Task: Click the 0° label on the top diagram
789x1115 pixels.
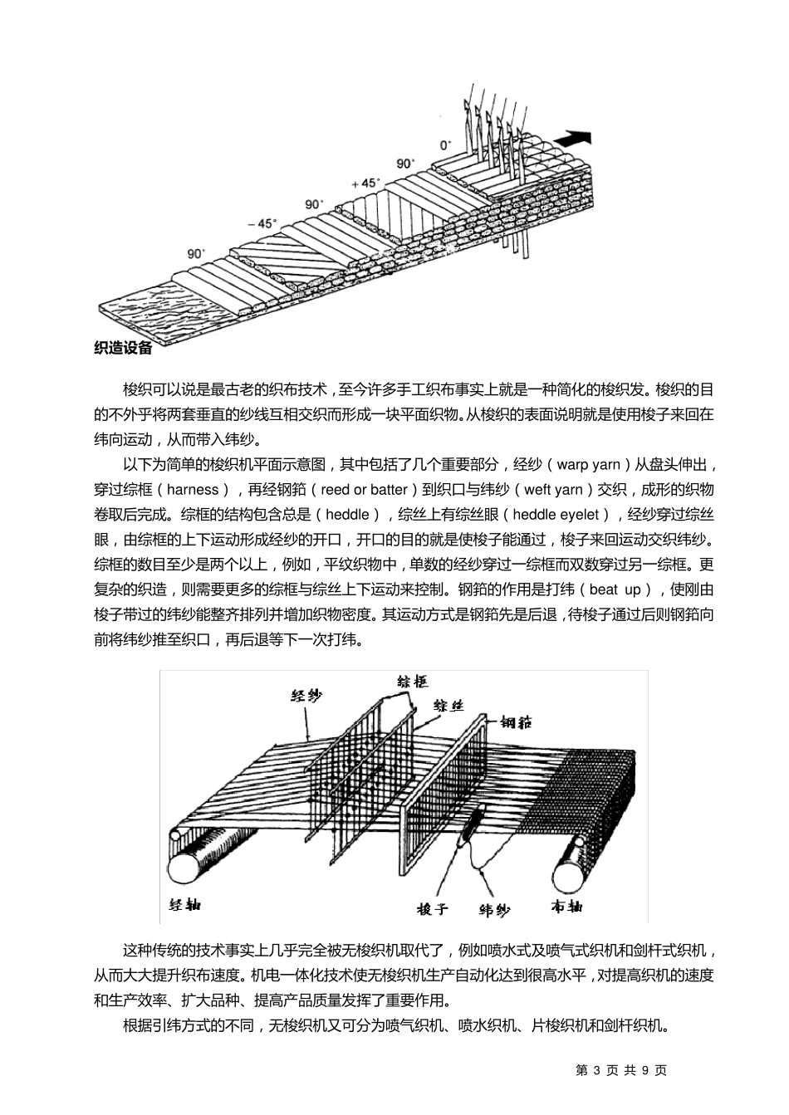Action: coord(446,143)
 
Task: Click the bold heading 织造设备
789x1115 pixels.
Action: coord(124,348)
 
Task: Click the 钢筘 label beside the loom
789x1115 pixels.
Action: coord(516,721)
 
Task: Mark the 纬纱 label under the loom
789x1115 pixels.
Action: coord(495,910)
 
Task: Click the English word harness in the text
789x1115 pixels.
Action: coord(192,489)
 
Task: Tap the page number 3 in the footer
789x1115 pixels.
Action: coord(597,1070)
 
